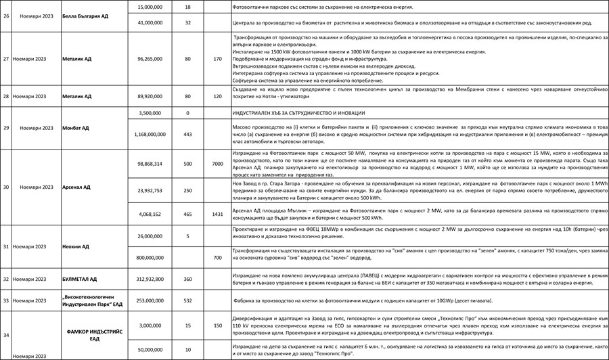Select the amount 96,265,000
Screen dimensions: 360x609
(x=149, y=59)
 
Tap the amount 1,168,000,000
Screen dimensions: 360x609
(x=149, y=135)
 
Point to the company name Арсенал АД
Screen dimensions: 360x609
(x=76, y=187)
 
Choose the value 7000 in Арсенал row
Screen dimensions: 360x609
(x=217, y=164)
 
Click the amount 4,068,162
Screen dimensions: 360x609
(x=149, y=214)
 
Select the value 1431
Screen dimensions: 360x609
(x=217, y=214)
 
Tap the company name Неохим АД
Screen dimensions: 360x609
(x=75, y=247)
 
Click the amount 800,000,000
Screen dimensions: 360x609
(x=149, y=258)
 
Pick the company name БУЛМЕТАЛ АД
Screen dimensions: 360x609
(x=79, y=279)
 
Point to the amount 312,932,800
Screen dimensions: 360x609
(x=149, y=279)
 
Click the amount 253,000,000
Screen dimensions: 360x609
(x=149, y=300)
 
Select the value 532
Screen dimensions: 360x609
(x=187, y=300)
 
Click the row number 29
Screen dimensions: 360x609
(x=5, y=127)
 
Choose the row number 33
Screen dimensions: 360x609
(x=5, y=300)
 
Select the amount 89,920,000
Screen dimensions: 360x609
(x=149, y=97)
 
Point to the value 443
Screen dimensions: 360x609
(x=187, y=135)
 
